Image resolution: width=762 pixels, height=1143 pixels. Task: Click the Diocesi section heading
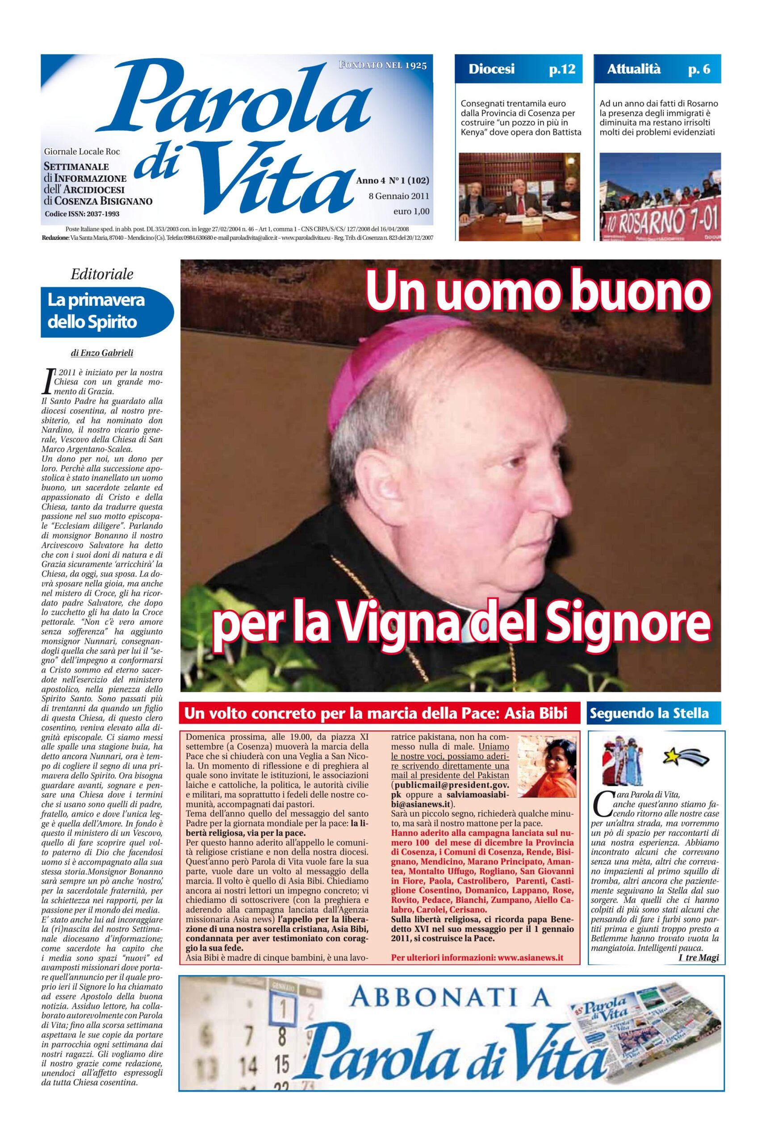[491, 69]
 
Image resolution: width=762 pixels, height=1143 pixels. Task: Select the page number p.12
[562, 69]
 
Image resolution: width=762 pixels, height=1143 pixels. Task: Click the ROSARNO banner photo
[659, 197]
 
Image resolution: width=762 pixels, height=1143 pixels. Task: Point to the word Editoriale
[101, 274]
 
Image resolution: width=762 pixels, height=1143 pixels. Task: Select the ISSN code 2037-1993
[98, 214]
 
